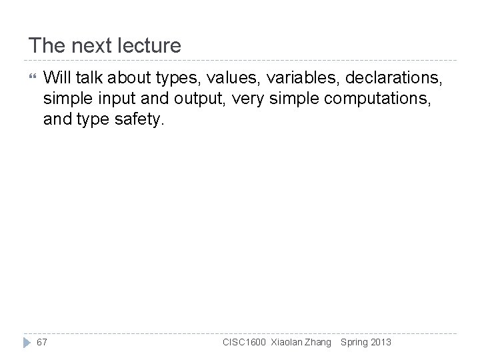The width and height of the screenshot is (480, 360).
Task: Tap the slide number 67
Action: point(41,342)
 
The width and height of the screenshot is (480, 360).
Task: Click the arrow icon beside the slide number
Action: point(27,342)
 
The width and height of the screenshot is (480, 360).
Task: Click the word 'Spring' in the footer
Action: point(354,342)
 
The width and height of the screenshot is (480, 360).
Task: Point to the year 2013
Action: point(381,342)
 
